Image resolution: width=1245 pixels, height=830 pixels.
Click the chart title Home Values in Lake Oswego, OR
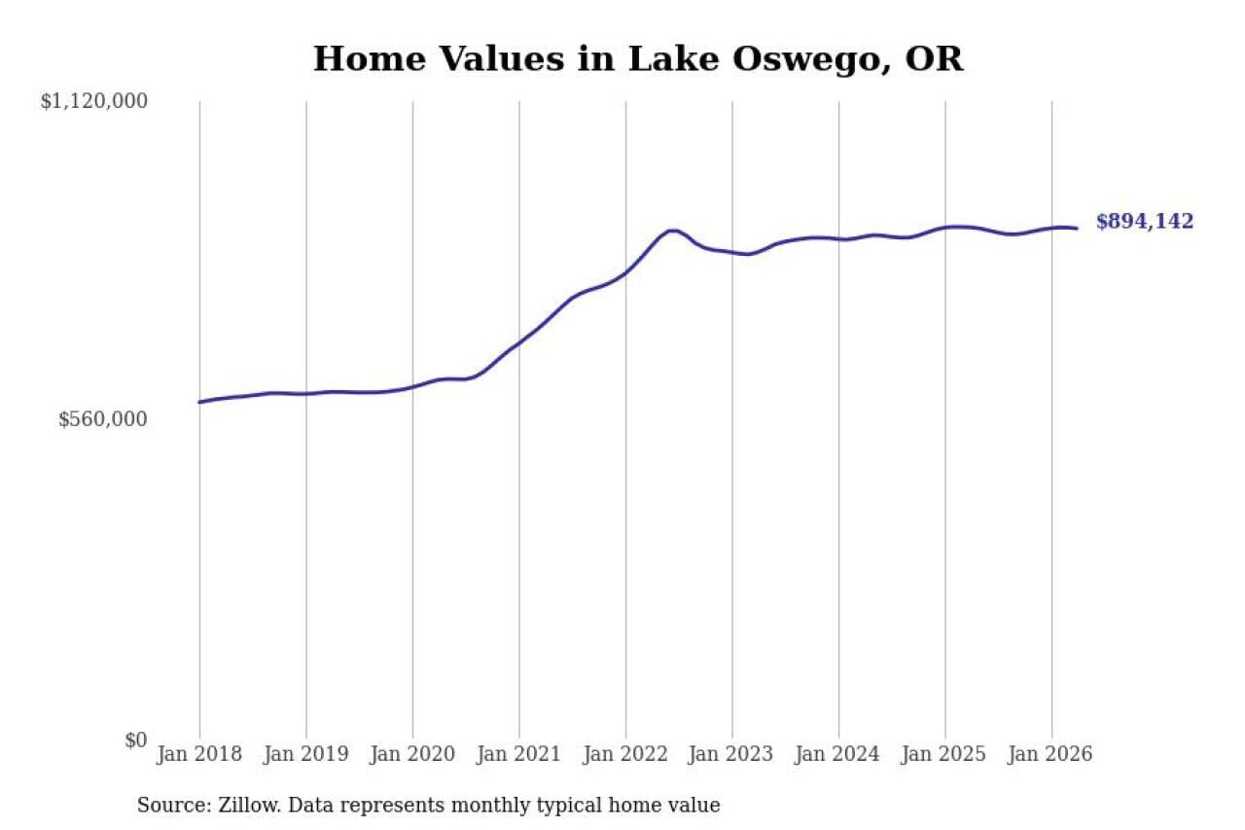[638, 59]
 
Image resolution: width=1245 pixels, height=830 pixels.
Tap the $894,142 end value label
[1145, 221]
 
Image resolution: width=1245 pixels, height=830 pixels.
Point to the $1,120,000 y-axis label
[94, 101]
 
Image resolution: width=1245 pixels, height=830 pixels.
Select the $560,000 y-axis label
[103, 418]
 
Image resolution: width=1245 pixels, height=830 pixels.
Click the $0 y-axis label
[135, 740]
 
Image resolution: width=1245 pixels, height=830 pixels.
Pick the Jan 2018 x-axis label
[199, 754]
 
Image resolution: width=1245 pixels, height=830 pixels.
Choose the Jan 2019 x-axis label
[305, 754]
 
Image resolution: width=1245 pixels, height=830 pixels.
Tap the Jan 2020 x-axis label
[412, 754]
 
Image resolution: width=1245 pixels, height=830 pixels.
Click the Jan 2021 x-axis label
[518, 754]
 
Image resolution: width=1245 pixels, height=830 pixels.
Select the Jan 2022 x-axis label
[625, 754]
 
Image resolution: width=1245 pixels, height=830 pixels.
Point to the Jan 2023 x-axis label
[731, 754]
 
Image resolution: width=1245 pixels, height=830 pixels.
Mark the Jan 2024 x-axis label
[837, 754]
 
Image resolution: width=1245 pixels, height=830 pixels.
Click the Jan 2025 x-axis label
[943, 754]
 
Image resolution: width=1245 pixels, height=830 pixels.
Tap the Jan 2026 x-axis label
[1050, 754]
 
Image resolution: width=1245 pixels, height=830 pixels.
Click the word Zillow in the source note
[250, 805]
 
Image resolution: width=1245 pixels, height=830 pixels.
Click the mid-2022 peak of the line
[673, 231]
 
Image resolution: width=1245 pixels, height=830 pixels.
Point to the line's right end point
[1077, 228]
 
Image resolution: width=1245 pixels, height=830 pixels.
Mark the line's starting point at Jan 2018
[199, 402]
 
